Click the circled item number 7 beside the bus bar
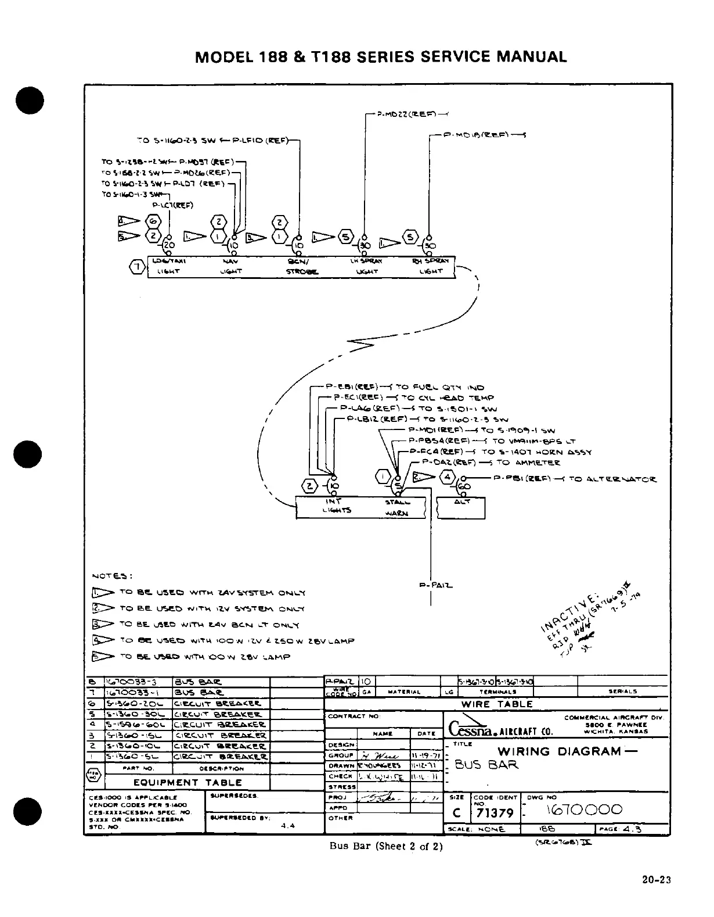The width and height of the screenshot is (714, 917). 137,267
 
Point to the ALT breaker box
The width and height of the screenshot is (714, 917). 460,507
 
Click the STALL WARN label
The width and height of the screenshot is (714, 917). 398,507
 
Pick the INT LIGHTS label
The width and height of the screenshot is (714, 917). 334,506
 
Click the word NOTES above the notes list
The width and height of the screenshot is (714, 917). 112,576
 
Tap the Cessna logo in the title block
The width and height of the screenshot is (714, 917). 470,729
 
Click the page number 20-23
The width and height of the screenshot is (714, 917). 657,880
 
